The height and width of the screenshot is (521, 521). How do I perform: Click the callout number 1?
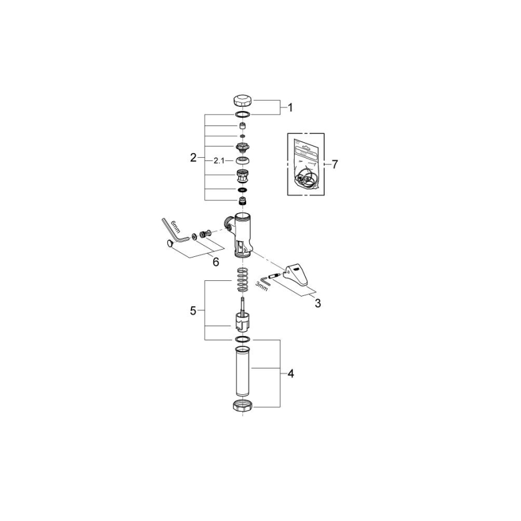pos(290,108)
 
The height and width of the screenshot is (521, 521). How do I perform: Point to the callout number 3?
pos(318,303)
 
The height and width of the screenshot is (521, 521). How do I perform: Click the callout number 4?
pos(290,373)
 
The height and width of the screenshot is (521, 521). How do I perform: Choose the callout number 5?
pos(193,310)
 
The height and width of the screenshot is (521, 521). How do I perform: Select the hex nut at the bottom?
pos(242,406)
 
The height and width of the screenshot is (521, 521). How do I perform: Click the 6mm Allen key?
pos(175,231)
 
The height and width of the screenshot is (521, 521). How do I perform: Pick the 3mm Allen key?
pos(264,281)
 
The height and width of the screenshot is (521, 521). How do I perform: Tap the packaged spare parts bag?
pos(305,164)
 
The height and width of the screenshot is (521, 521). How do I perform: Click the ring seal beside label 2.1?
pos(242,161)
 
